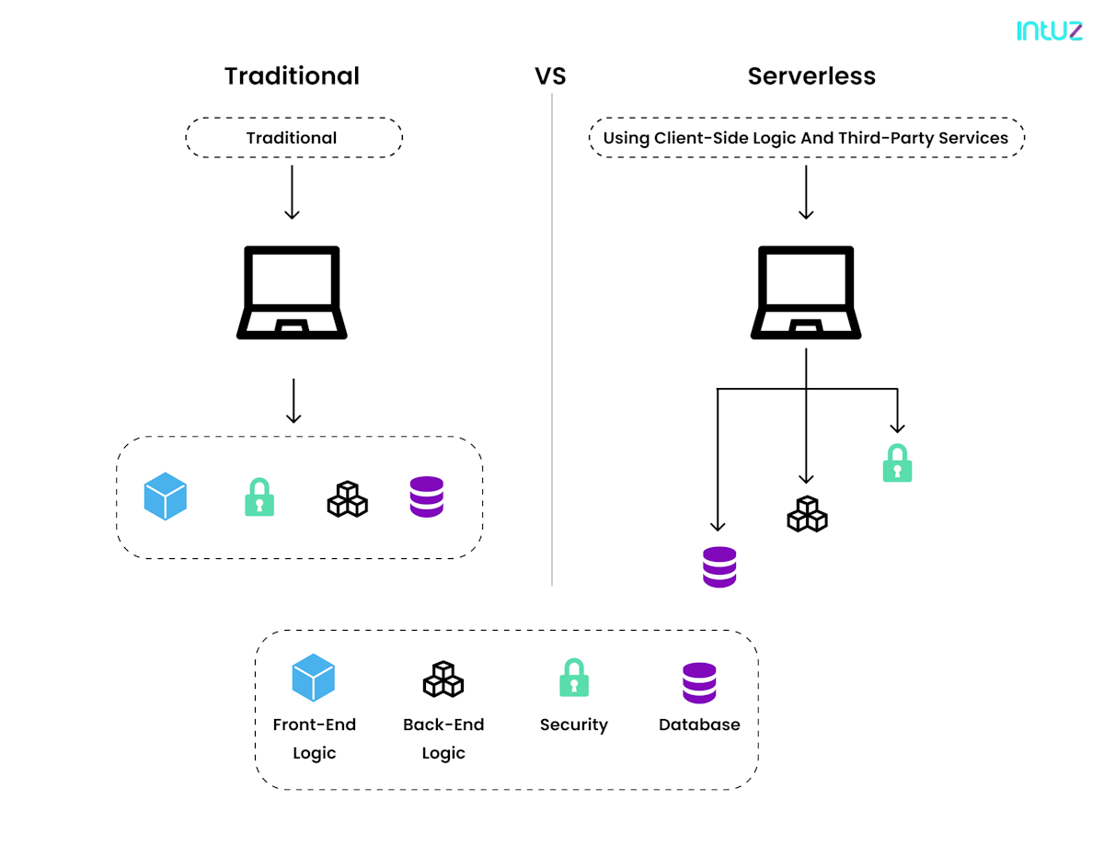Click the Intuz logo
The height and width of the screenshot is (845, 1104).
point(1049,30)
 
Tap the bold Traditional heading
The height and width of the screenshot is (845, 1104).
point(292,76)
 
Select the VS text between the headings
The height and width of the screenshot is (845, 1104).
point(550,76)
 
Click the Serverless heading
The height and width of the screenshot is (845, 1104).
point(811,76)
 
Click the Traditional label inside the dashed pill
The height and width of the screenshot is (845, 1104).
point(291,138)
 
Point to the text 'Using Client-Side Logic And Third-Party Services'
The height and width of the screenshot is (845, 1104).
point(805,138)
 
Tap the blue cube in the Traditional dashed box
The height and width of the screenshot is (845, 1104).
point(165,496)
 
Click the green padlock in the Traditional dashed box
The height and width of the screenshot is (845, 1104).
point(259,497)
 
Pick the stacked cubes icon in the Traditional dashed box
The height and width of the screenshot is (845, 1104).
point(348,499)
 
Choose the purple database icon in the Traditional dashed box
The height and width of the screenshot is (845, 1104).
point(426,497)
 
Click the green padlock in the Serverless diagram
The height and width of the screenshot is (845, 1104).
point(897,462)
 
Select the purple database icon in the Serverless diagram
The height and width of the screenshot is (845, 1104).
point(719,567)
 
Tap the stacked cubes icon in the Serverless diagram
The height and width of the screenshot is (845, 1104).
point(807,514)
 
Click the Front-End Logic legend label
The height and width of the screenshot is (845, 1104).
point(314,738)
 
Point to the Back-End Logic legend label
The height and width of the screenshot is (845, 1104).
point(443,738)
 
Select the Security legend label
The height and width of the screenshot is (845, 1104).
point(573,725)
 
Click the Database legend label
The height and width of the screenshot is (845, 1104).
point(699,725)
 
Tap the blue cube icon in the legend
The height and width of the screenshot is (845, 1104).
point(313,677)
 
